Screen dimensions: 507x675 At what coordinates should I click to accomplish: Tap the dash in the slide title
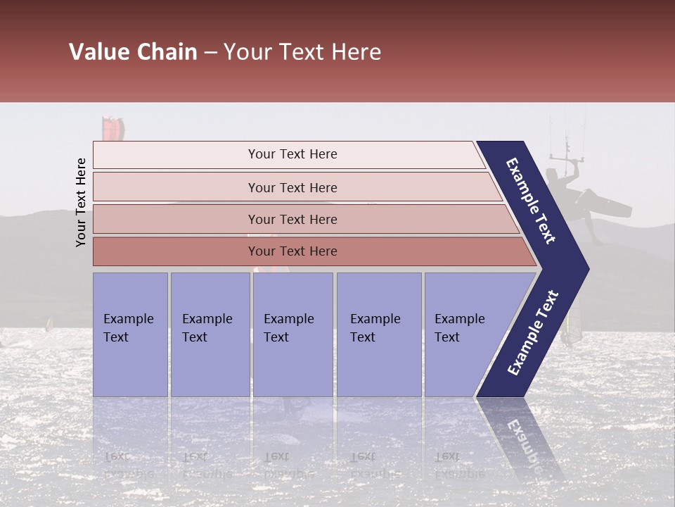tap(210, 53)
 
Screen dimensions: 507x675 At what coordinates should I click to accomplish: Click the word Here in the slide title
tap(356, 52)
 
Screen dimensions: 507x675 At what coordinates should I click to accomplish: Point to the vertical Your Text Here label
tap(81, 202)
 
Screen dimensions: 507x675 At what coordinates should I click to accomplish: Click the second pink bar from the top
tap(292, 187)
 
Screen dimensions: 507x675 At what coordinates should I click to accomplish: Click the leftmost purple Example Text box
tap(130, 334)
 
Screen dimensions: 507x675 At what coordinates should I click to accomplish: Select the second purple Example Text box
tap(210, 334)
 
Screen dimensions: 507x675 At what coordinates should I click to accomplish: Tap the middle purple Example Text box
tap(292, 334)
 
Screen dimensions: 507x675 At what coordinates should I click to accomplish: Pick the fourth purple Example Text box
tap(379, 334)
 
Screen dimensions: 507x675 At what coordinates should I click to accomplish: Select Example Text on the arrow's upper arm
tap(532, 201)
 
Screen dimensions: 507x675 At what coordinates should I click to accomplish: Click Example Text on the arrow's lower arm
tap(533, 332)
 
